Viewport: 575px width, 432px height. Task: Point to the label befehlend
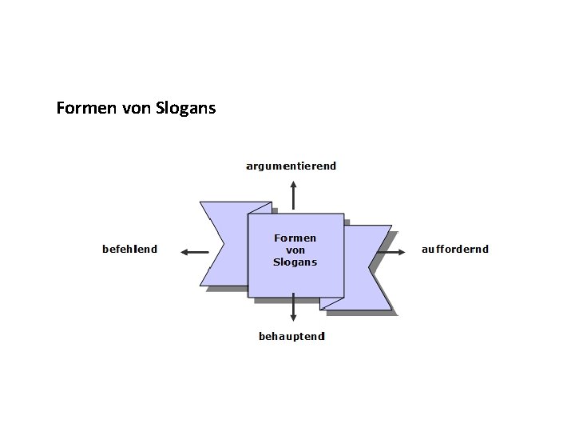pos(129,249)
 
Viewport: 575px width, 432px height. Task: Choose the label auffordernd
pos(454,249)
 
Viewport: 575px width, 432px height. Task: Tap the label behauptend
pos(291,336)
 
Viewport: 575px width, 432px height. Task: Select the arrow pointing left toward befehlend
pos(194,252)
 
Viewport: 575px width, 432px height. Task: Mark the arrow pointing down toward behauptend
pos(293,307)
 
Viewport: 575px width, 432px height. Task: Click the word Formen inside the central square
pos(295,238)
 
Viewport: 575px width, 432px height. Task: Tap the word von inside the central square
pos(295,250)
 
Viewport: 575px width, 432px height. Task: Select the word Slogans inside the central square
pos(295,262)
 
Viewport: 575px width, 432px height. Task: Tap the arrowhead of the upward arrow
pos(293,185)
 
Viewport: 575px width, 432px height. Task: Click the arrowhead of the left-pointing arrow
pos(184,252)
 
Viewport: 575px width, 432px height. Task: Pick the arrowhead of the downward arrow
pos(293,318)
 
